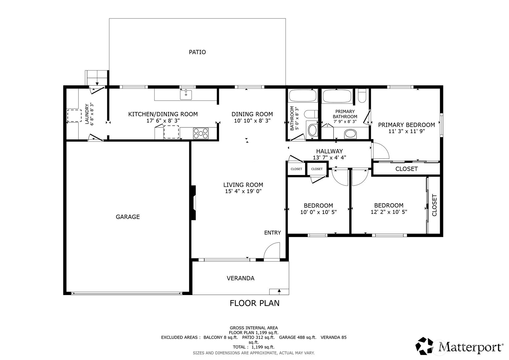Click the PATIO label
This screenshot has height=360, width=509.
pos(197,52)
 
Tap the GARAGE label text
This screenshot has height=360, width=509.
pos(128,217)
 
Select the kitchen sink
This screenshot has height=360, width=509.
pos(186,95)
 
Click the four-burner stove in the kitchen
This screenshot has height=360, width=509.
pos(201,134)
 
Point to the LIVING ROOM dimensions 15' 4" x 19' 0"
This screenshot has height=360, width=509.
pos(243,191)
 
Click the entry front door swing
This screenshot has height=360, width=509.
pos(272,251)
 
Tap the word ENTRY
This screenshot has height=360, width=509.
pos(273,232)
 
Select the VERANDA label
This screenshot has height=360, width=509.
pos(240,278)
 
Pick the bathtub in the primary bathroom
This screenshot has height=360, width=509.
pos(337,96)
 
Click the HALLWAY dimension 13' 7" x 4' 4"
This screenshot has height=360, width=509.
pos(329,157)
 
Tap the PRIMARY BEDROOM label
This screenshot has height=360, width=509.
pos(406,125)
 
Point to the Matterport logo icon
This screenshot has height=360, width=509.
pos(424,346)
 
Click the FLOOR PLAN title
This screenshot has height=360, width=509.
pos(255,303)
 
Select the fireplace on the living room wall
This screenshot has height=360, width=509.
pos(193,203)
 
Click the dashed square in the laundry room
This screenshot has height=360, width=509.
pos(74,116)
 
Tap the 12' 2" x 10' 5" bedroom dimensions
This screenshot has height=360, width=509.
pos(389,212)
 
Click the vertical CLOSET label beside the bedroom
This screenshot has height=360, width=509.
pos(434,205)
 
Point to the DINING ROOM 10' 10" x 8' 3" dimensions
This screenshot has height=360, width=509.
pos(252,121)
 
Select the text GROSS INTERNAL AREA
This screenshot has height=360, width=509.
pos(254,328)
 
